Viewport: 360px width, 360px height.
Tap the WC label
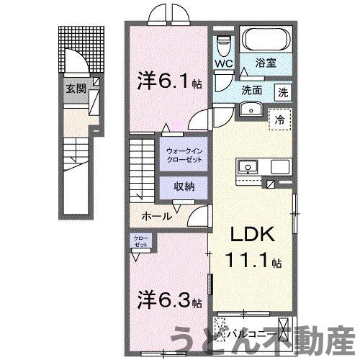pos(222,63)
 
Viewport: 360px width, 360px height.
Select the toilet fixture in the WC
pos(224,45)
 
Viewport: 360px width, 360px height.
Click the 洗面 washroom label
pos(251,91)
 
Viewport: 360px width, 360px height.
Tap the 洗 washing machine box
pos(284,91)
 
